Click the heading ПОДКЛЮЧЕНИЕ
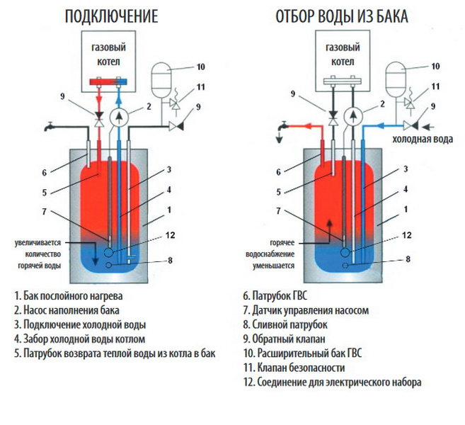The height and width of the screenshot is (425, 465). point(111,17)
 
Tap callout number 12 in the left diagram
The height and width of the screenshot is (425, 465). point(168,235)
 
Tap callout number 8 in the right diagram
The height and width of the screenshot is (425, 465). point(408,260)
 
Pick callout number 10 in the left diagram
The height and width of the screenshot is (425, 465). point(200,67)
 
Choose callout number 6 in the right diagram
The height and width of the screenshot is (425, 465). point(277,172)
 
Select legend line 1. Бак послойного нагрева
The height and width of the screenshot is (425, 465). point(71,295)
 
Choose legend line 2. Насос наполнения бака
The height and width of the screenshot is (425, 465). point(66,310)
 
